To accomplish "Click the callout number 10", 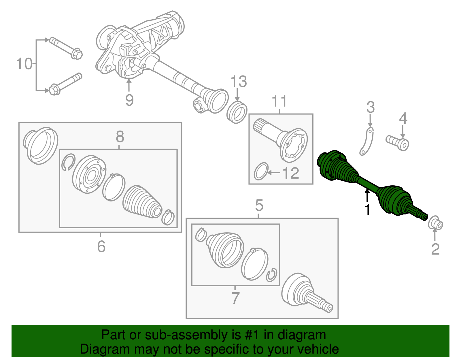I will click(24, 64).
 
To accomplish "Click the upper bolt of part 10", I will click(66, 48).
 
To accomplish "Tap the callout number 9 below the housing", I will click(129, 100).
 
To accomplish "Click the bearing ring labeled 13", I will click(237, 112).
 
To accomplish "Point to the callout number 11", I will click(279, 101).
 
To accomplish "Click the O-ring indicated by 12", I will click(261, 171).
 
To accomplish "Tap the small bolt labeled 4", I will click(398, 142).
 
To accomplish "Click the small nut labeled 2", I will click(436, 224).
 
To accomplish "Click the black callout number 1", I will click(367, 210).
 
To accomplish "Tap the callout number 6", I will click(101, 246).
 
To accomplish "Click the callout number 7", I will click(235, 298).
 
